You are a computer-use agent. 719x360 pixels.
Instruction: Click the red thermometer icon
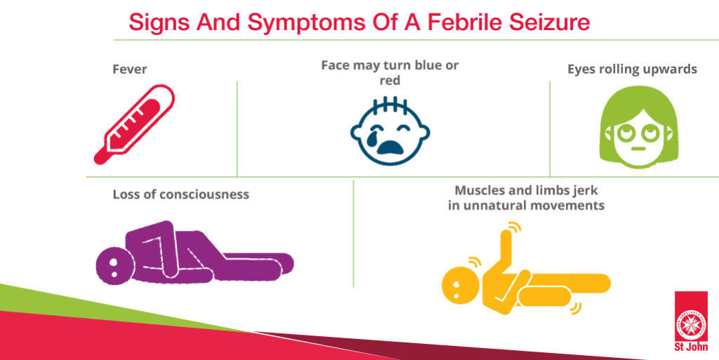click(x=134, y=124)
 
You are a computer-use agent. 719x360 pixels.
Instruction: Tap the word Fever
click(x=130, y=69)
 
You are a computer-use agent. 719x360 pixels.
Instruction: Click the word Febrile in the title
click(x=466, y=22)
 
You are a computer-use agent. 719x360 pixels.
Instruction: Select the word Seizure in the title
click(x=550, y=22)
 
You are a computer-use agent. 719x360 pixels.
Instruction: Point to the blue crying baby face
click(x=390, y=131)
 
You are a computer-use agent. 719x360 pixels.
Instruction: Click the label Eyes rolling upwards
click(x=633, y=69)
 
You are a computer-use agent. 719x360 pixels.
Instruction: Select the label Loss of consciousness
click(x=181, y=194)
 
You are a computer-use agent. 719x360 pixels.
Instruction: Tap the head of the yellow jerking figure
click(x=459, y=286)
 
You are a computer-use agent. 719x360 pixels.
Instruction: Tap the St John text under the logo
click(x=691, y=347)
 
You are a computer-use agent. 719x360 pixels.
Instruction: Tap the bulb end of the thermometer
click(x=100, y=158)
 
